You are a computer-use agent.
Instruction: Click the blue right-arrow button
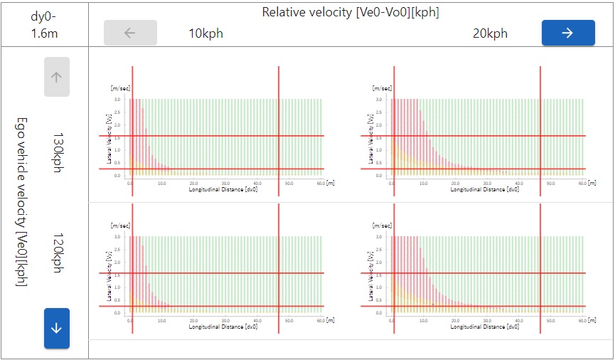tap(567, 33)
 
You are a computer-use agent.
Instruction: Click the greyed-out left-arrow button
tap(130, 33)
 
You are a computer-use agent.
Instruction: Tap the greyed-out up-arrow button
tap(57, 77)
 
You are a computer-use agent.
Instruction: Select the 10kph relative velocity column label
tap(205, 33)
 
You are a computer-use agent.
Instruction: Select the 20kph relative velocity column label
tap(490, 33)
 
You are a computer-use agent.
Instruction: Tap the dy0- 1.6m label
tap(45, 24)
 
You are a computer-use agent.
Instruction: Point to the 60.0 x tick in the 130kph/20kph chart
tap(582, 183)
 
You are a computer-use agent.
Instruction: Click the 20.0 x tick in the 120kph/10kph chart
tap(194, 320)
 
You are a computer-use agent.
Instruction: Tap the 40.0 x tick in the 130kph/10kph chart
tap(257, 183)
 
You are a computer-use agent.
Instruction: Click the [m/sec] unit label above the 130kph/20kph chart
tap(379, 88)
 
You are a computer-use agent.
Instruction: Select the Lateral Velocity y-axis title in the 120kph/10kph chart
tap(108, 274)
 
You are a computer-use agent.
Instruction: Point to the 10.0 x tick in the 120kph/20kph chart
tap(424, 320)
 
